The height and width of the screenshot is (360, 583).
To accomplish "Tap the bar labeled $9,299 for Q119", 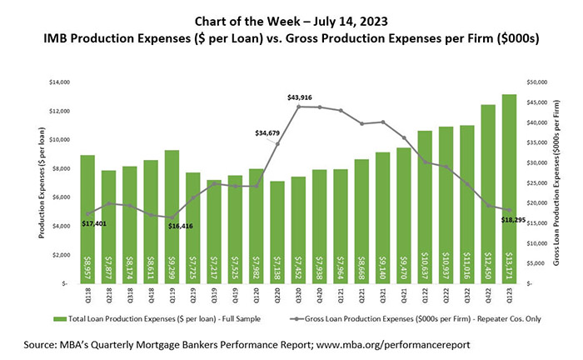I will pyautogui.click(x=172, y=217).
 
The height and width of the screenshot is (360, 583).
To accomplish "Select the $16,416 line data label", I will pyautogui.click(x=178, y=226).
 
